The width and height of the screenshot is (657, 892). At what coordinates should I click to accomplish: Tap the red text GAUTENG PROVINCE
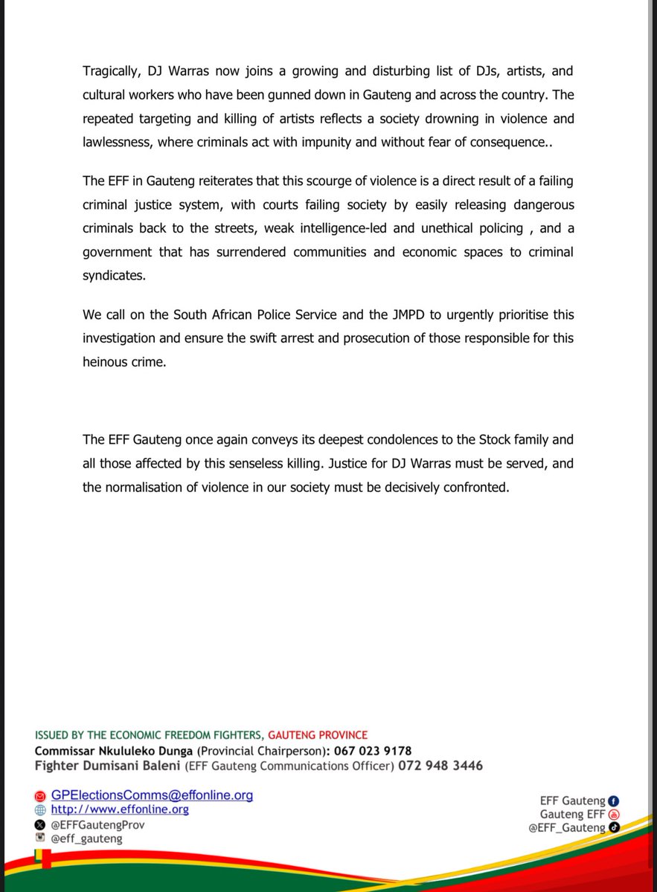[318, 735]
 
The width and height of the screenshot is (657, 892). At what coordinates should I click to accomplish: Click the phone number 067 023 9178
[368, 751]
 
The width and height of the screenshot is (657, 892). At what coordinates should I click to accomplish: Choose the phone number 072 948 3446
[440, 766]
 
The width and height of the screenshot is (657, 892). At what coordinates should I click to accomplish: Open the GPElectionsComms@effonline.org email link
[152, 795]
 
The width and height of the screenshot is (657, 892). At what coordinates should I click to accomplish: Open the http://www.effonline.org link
[120, 810]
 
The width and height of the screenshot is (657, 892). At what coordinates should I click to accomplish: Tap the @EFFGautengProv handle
[97, 825]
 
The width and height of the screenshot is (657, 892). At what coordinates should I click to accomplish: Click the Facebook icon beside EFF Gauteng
[614, 801]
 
